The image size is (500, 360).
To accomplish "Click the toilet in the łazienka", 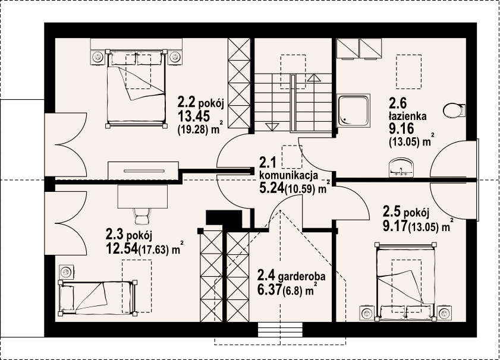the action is (454, 110).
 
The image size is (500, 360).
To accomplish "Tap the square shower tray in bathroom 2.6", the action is (354, 110).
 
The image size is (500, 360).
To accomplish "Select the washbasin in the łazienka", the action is (401, 168).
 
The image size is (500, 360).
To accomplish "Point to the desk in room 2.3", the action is (143, 196).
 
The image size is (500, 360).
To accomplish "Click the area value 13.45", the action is (194, 116).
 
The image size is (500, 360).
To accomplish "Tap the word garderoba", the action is (301, 276).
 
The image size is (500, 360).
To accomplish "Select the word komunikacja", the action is (289, 175).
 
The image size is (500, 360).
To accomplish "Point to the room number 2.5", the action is (392, 211).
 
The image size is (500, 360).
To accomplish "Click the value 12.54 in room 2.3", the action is (122, 249).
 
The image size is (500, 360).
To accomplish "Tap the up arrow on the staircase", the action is (314, 78).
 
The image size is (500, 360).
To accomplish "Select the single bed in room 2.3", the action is (98, 297).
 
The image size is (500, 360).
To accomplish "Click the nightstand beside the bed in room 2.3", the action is (67, 271).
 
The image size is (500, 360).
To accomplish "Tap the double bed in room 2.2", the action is (136, 89).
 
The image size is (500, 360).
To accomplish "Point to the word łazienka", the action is (407, 116).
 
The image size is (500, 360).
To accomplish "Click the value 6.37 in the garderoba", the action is (269, 289).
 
